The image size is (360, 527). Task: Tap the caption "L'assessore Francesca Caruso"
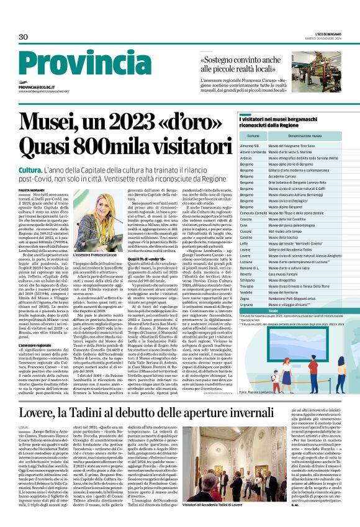(x=96, y=255)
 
